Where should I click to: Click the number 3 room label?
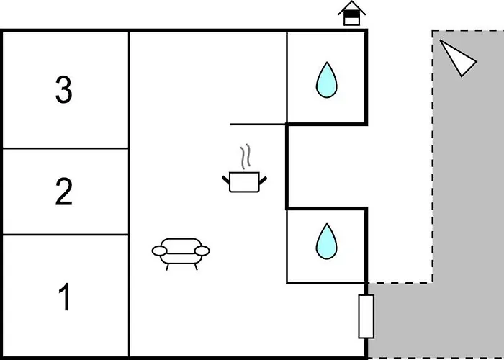64,91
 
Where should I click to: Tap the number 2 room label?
64,192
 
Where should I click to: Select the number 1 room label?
64,297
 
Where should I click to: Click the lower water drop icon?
326,241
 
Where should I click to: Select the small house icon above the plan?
351,14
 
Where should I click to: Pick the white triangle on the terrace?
458,57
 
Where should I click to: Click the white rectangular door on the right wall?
366,316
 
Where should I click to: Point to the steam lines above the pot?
246,156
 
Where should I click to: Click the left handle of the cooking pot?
226,178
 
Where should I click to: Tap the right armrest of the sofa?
202,251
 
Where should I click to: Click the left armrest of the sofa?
160,251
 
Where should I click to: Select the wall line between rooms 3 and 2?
65,148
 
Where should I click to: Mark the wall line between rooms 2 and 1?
65,235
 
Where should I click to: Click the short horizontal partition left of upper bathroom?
258,124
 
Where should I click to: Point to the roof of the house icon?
351,7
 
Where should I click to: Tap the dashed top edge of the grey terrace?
468,30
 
